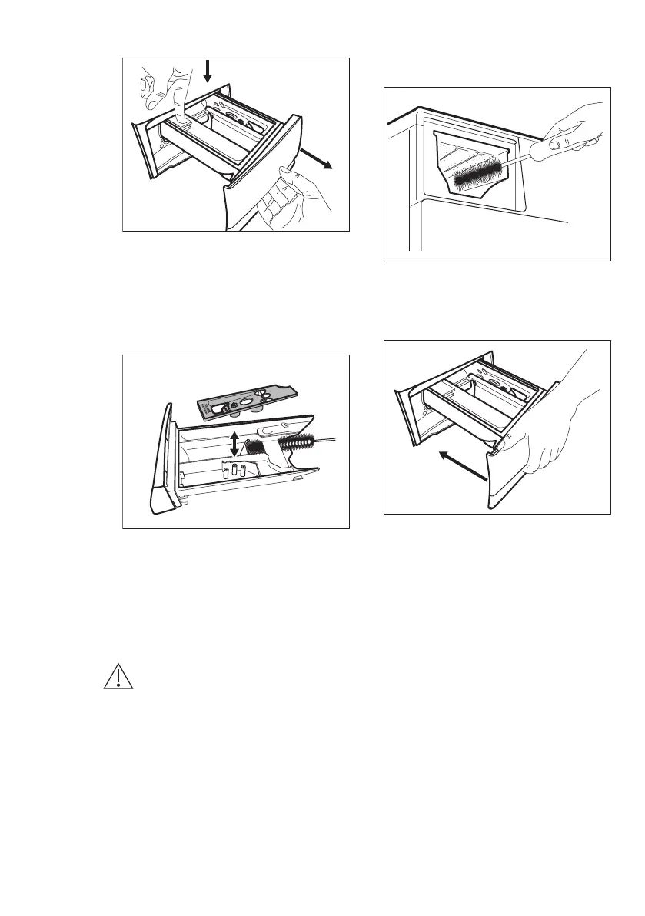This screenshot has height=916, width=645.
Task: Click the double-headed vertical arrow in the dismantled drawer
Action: [234, 443]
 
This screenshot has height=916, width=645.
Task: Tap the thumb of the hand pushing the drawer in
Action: [507, 444]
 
